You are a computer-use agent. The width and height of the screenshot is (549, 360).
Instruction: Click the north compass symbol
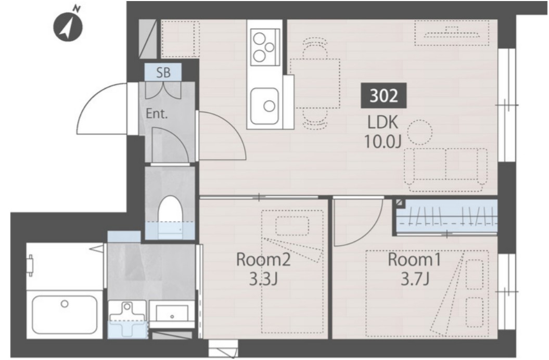(x=67, y=28)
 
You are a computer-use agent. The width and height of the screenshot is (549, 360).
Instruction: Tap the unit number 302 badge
(x=384, y=95)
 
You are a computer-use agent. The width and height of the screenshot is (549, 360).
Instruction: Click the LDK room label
(x=382, y=123)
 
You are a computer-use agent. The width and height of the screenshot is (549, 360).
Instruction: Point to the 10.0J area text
(x=382, y=142)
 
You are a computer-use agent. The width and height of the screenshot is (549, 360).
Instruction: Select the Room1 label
(x=414, y=260)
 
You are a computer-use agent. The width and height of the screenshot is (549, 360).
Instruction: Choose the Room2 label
(x=263, y=260)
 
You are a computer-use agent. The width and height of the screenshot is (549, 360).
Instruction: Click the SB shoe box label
(x=163, y=72)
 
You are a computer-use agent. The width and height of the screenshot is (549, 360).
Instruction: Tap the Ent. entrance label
(x=157, y=113)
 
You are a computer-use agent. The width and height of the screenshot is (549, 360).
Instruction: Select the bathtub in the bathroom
(x=65, y=315)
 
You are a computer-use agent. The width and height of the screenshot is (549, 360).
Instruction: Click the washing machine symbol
(x=127, y=319)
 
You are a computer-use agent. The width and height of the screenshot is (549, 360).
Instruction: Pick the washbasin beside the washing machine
(x=172, y=313)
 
